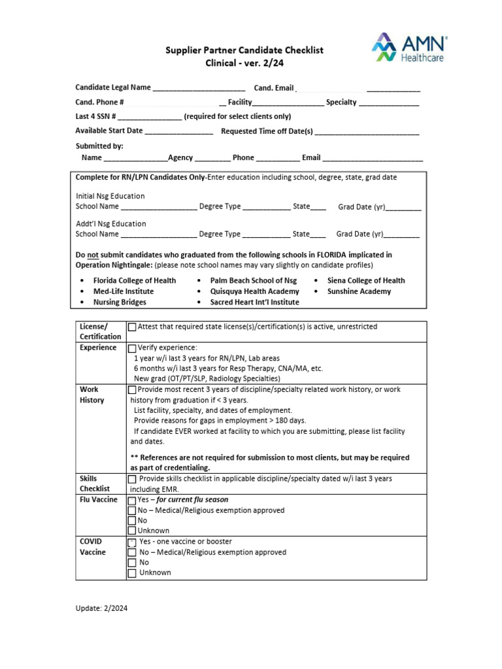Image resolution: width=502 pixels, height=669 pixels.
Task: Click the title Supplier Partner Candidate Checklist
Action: coord(244,50)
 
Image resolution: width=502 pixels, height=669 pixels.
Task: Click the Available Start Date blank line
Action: coord(178,131)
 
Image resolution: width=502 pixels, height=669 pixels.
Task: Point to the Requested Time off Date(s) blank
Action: coord(367,131)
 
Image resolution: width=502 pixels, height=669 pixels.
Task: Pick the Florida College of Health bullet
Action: coord(134,280)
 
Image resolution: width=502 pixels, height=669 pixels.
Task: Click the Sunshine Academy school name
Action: coord(359,291)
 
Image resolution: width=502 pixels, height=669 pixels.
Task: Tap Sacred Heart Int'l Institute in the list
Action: coord(254,302)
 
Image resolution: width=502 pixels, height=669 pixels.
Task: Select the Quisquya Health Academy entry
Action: coord(254,291)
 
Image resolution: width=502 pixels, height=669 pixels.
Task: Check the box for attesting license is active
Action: coord(132,327)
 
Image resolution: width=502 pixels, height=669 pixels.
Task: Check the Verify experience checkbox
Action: coord(132,348)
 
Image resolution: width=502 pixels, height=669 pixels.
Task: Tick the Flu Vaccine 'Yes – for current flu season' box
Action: coord(132,500)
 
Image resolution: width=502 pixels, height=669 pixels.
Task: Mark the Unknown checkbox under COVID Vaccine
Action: coord(132,573)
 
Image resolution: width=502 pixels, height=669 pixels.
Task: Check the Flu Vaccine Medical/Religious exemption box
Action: coord(132,510)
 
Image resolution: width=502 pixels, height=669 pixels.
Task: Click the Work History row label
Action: coord(92,395)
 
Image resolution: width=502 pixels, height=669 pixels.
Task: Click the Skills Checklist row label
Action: coord(95,483)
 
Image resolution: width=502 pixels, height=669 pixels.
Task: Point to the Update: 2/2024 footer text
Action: coord(101,608)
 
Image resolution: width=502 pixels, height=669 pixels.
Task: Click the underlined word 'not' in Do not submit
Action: coord(93,255)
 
